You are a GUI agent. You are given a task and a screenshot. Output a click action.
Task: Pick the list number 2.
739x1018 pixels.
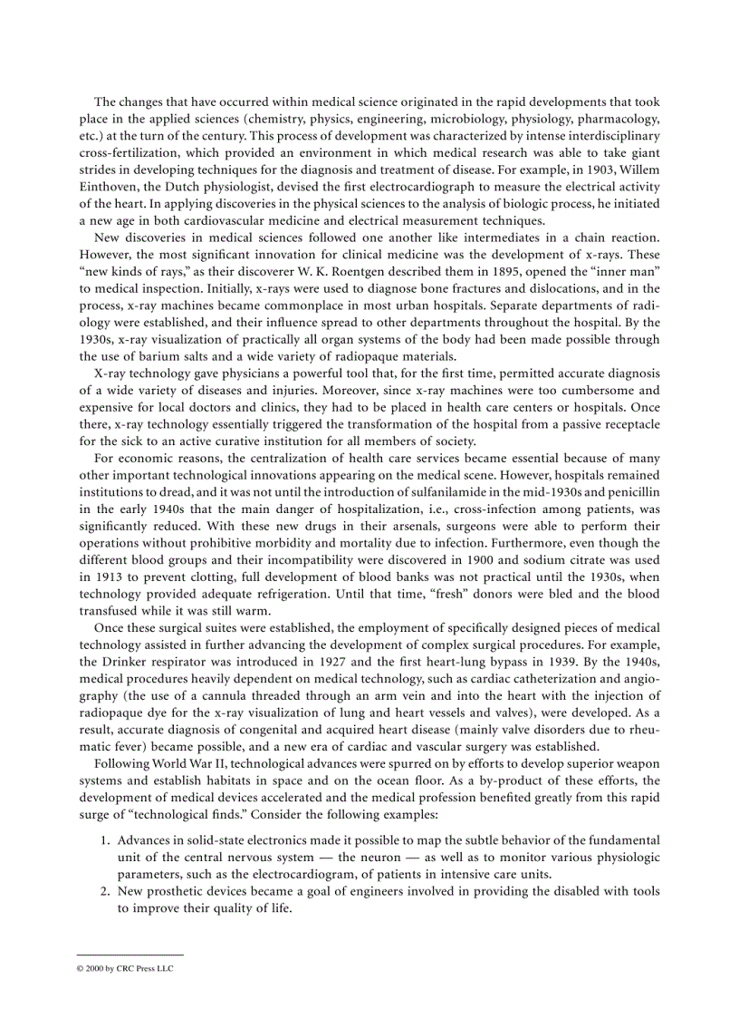click(x=103, y=891)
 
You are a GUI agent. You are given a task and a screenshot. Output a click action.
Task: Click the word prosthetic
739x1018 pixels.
click(x=173, y=891)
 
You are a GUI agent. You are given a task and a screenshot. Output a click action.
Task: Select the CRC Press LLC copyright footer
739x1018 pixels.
click(x=125, y=968)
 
